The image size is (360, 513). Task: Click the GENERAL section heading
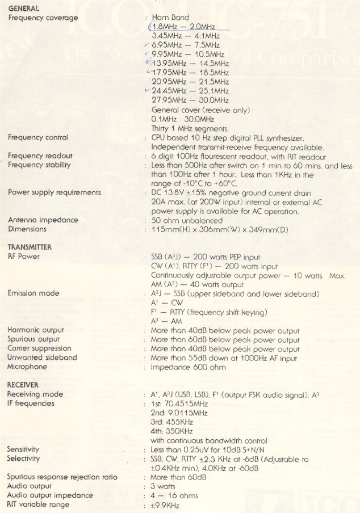(x=24, y=9)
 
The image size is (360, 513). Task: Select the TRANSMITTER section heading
(x=30, y=247)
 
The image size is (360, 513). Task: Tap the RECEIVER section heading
(x=23, y=385)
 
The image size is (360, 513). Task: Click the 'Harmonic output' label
(x=36, y=330)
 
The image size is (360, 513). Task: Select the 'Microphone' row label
(x=28, y=367)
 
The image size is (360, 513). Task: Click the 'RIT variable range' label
(x=39, y=504)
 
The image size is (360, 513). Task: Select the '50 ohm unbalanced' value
(x=187, y=220)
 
